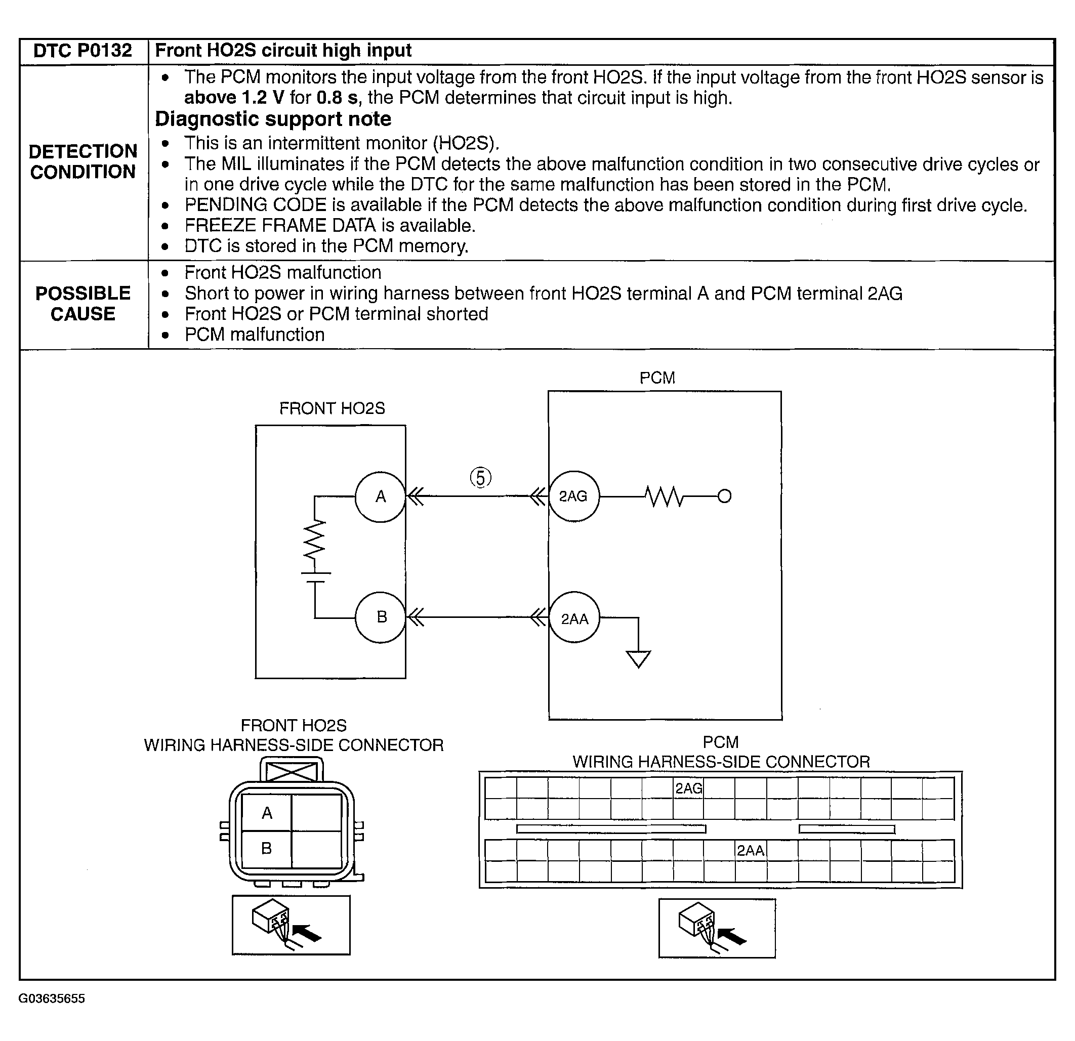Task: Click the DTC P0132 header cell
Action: point(83,51)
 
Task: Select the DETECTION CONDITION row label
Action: point(83,162)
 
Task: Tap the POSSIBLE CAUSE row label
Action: point(83,304)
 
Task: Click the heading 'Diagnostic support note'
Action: point(273,119)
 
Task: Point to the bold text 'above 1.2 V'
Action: point(234,98)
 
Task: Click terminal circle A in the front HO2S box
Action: point(380,497)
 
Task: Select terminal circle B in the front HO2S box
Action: point(381,617)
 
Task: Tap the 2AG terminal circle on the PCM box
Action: point(574,496)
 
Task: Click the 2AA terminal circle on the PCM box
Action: point(574,618)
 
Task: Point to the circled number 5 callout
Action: point(480,478)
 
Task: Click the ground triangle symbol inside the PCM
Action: point(638,659)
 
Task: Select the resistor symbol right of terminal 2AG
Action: point(664,497)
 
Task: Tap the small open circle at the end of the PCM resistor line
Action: point(725,497)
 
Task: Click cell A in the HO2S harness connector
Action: point(267,813)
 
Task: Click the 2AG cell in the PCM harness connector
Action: point(688,788)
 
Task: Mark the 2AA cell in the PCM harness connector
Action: point(750,851)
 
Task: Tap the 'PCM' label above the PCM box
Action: point(657,378)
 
